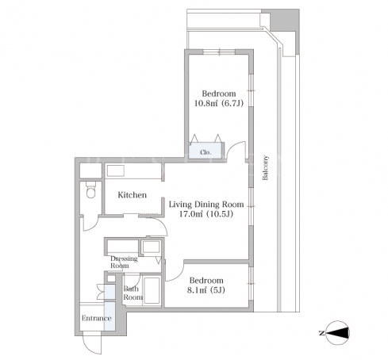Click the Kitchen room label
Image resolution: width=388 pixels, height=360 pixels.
point(132,195)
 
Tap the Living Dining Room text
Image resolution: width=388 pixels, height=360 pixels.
point(206,205)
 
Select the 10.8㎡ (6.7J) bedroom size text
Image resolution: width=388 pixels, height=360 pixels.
point(219,103)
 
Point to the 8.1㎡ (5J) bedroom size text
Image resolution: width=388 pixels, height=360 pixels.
point(206,290)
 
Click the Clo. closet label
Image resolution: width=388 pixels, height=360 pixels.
point(206,152)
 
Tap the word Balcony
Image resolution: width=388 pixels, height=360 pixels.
point(265,168)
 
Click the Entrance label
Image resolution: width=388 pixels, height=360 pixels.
point(96,318)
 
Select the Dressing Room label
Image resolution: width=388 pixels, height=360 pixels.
point(124,262)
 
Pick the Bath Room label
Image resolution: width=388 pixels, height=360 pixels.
point(133,293)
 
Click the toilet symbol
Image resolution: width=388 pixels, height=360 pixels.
point(90,190)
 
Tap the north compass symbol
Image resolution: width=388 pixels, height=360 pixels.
point(338,333)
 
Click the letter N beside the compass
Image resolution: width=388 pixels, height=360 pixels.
point(322,333)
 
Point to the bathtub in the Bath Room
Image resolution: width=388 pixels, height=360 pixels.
point(152,290)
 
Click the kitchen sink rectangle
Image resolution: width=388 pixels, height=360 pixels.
point(115,170)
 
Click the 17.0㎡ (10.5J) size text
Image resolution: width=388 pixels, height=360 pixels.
point(206,214)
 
